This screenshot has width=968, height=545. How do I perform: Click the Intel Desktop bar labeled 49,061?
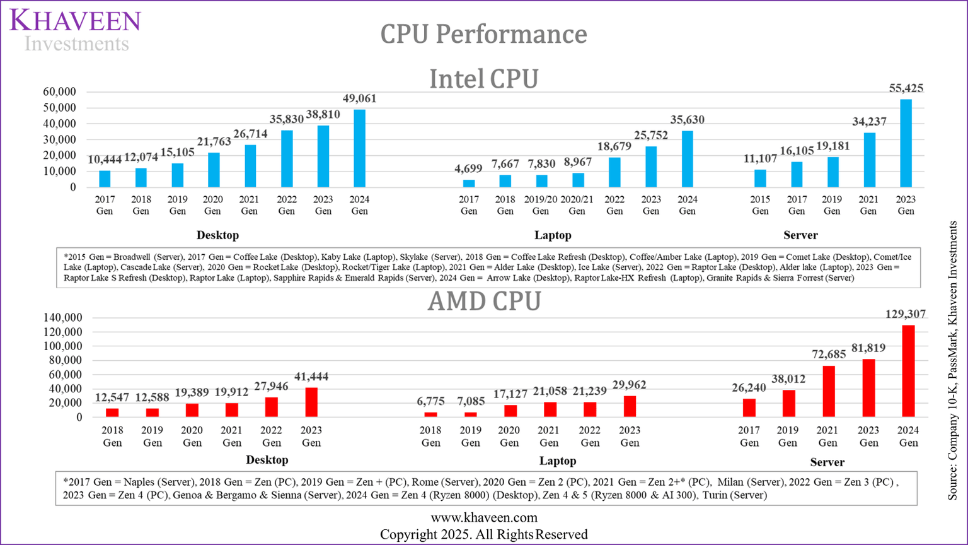pyautogui.click(x=359, y=149)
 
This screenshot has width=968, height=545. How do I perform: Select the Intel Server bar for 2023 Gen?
pyautogui.click(x=906, y=143)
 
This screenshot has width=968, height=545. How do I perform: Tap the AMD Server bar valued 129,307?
pyautogui.click(x=908, y=371)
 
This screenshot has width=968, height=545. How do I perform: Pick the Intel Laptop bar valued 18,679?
pyautogui.click(x=614, y=172)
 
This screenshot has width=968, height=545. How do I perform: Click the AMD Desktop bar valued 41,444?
pyautogui.click(x=311, y=402)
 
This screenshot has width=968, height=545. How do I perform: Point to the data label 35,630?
pyautogui.click(x=687, y=120)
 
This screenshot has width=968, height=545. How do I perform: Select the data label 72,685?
pyautogui.click(x=829, y=355)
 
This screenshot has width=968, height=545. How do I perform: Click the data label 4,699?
pyautogui.click(x=468, y=169)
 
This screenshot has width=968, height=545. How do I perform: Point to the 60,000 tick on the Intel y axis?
pyautogui.click(x=59, y=92)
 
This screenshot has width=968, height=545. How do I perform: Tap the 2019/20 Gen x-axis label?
pyautogui.click(x=541, y=205)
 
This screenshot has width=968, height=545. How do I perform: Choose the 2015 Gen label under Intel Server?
pyautogui.click(x=760, y=205)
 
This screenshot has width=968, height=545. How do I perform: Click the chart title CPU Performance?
pyautogui.click(x=483, y=34)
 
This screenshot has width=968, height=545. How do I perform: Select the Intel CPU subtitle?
pyautogui.click(x=483, y=79)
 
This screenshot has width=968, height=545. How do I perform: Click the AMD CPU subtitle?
pyautogui.click(x=483, y=302)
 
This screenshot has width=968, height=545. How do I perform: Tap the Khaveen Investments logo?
pyautogui.click(x=76, y=30)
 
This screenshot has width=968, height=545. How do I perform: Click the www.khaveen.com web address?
pyautogui.click(x=483, y=518)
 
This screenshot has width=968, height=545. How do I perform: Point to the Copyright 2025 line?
pyautogui.click(x=483, y=534)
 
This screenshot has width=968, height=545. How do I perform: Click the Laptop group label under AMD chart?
pyautogui.click(x=557, y=461)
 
